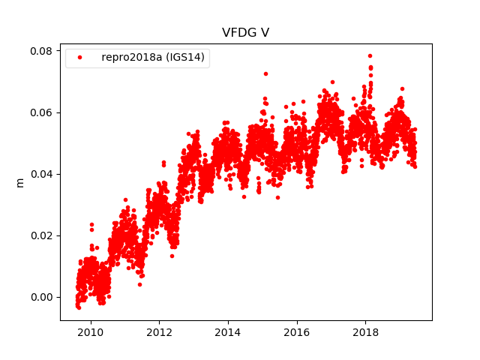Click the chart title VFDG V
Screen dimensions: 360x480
(245, 33)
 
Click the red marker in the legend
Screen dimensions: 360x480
(81, 58)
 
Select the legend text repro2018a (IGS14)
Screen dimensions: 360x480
(154, 58)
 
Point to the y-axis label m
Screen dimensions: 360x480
(20, 181)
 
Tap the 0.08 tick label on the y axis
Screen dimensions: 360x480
(40, 51)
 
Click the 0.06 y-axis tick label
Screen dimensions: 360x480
(40, 112)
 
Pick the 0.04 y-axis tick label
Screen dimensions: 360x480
(40, 174)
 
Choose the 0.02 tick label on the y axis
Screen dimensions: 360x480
(40, 235)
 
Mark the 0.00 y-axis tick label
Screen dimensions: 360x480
(40, 297)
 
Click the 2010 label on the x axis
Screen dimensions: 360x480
(91, 332)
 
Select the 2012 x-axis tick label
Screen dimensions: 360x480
(159, 332)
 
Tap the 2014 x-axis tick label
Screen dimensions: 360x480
(228, 332)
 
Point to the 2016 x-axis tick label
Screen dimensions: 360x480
(297, 332)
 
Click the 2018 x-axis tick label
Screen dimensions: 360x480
(365, 332)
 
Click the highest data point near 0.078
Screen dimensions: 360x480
(370, 55)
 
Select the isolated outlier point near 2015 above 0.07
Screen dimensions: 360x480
(265, 73)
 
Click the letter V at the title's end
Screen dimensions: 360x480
(265, 33)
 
